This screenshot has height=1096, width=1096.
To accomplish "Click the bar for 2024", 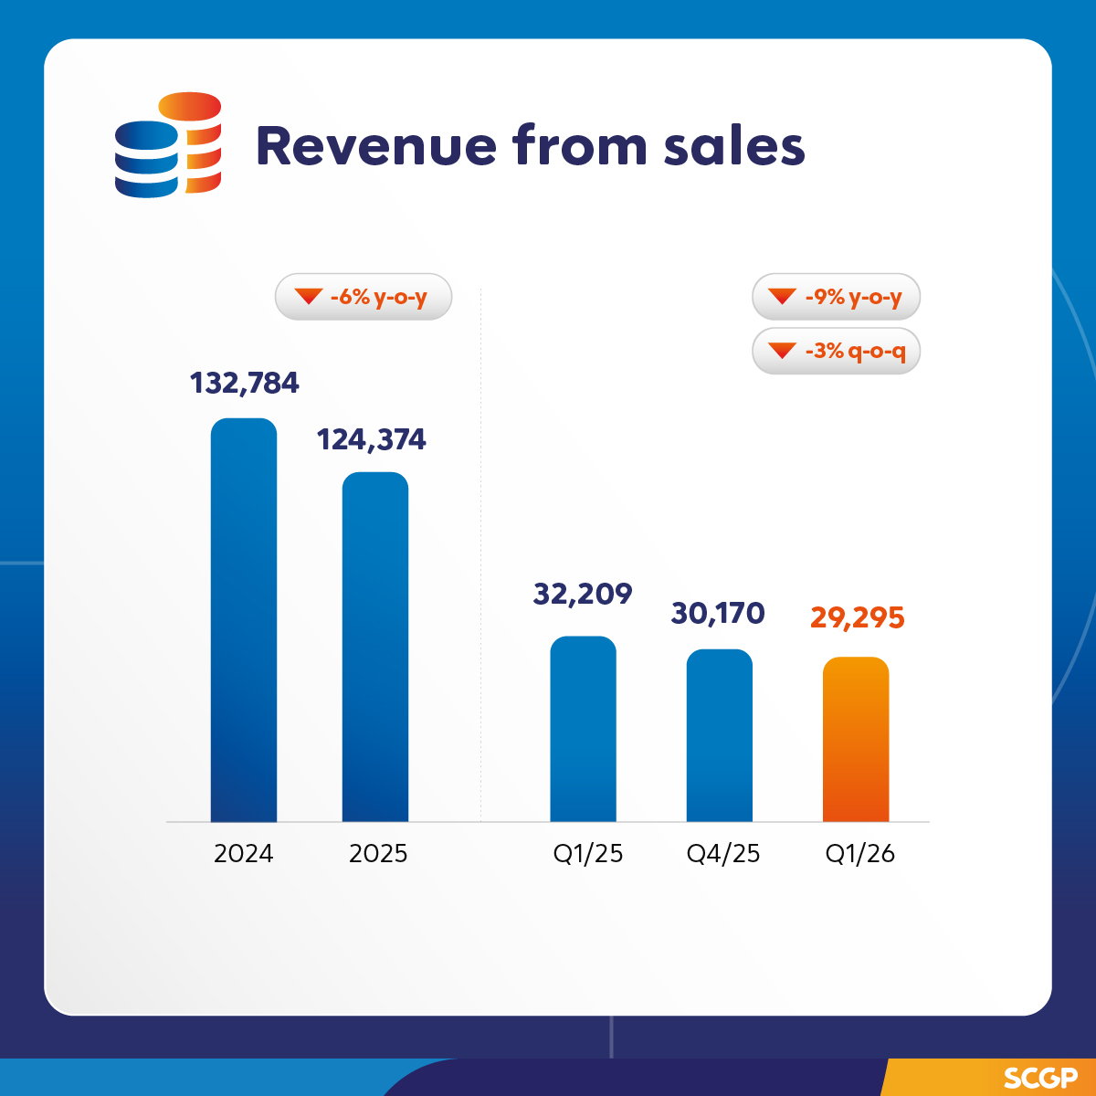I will [x=244, y=621].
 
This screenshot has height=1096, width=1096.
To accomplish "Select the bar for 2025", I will [x=375, y=648].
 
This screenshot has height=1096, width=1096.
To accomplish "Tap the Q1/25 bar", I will [x=584, y=730].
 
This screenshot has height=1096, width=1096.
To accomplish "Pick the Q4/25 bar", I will [x=720, y=736].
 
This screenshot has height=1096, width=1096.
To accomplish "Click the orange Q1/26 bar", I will [x=856, y=740].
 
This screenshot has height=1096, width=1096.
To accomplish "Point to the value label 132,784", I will [x=245, y=383].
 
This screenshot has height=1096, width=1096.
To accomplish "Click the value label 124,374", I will [x=372, y=440].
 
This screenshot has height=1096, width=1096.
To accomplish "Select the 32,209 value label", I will [x=583, y=595].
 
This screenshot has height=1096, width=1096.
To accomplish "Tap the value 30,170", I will [x=718, y=614].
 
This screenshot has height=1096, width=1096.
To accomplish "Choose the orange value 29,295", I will [x=858, y=618].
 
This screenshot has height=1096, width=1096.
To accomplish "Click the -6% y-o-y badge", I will [x=364, y=297].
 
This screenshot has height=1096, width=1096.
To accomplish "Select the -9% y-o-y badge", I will [x=836, y=297].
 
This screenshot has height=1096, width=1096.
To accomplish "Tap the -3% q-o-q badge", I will [x=836, y=351].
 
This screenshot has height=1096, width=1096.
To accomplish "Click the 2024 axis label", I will [x=244, y=854].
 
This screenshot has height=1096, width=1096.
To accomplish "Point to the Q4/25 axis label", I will [x=723, y=854].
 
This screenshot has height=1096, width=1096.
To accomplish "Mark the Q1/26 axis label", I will [x=860, y=854].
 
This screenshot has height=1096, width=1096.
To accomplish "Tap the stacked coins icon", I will [x=168, y=144].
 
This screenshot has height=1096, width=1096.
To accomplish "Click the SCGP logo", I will [x=1040, y=1078].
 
